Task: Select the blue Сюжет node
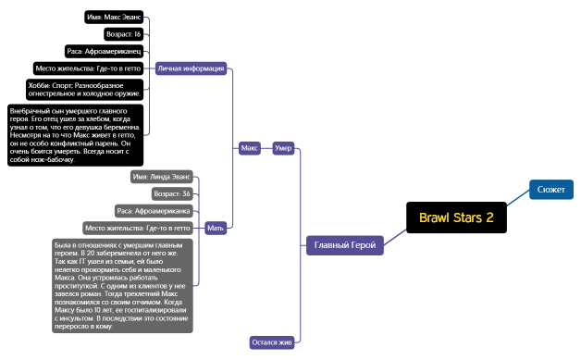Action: pos(551,190)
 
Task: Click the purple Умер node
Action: pos(284,148)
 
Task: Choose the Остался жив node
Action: pos(272,342)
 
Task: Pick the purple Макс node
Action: pos(249,148)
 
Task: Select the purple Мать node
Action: pos(216,227)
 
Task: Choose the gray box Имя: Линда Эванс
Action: pos(162,176)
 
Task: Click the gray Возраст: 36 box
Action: pos(173,193)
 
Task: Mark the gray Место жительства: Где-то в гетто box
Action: pos(138,228)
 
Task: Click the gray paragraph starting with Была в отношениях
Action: pos(123,285)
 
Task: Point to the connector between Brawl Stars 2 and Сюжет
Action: pos(518,201)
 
